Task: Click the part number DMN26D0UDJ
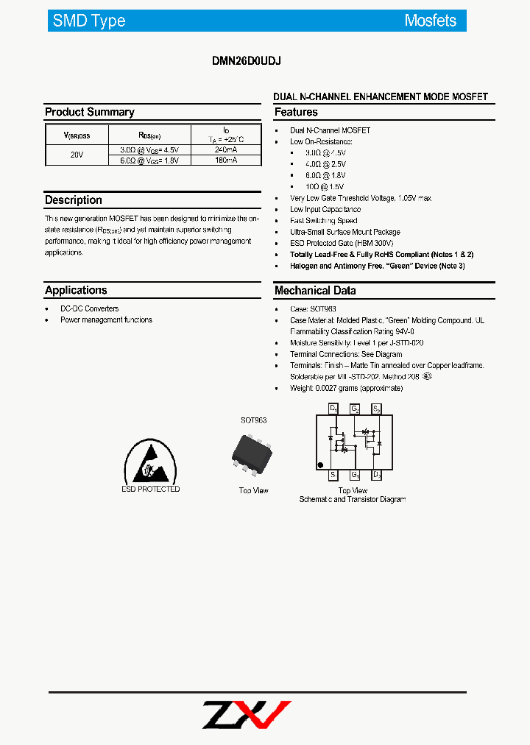(246, 63)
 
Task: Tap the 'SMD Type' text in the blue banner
(89, 21)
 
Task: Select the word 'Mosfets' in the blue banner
(431, 21)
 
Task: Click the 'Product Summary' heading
(89, 112)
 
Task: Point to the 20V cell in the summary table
(77, 155)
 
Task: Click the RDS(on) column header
(149, 135)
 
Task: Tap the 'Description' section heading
(74, 200)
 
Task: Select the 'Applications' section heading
(76, 290)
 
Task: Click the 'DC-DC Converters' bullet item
(89, 308)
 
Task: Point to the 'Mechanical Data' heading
(315, 291)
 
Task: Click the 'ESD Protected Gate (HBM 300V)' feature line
(342, 243)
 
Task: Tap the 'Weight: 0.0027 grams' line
(346, 388)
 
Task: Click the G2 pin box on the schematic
(355, 409)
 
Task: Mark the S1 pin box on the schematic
(333, 475)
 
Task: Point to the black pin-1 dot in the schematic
(320, 465)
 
